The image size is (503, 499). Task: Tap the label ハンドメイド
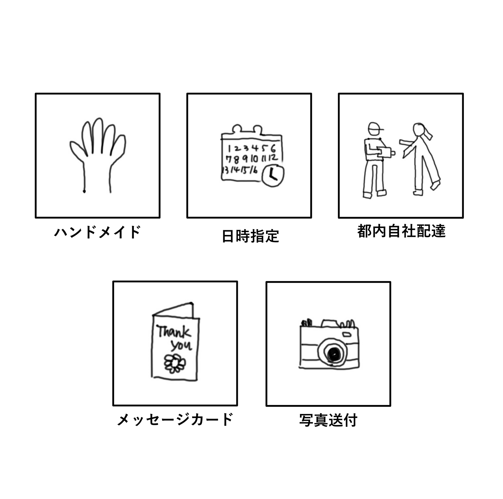(98, 232)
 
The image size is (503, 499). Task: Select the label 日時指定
(250, 236)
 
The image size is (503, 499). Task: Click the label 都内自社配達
(401, 231)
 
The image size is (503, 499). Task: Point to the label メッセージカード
(175, 420)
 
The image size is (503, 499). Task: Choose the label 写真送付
(328, 420)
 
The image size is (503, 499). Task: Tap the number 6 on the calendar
(273, 149)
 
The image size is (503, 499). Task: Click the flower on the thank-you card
(174, 363)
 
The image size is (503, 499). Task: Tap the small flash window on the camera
(347, 334)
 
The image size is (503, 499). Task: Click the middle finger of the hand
(98, 136)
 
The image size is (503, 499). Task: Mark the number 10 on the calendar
(254, 159)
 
